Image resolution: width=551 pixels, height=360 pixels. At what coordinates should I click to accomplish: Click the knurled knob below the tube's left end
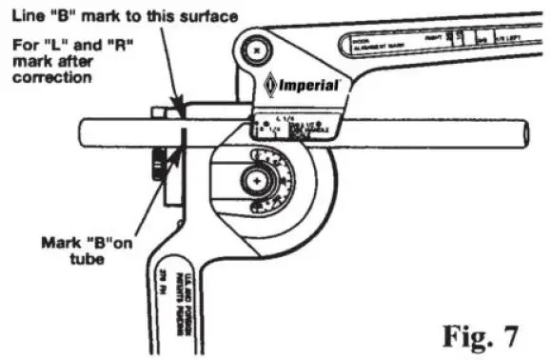(x=155, y=172)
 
